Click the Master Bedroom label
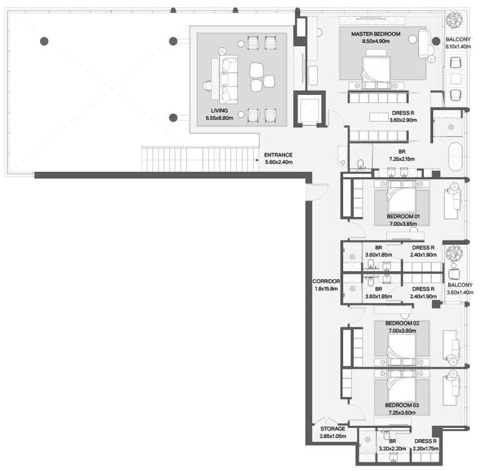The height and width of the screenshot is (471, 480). [376, 34]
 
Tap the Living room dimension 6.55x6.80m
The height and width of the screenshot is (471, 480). [219, 118]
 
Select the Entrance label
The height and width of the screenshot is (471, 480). [278, 155]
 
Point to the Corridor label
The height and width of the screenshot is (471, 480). [326, 281]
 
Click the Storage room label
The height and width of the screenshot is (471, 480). [332, 429]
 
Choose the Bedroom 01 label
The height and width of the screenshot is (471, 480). [403, 216]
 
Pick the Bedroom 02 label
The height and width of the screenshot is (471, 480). [402, 323]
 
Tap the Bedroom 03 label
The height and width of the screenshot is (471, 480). [402, 405]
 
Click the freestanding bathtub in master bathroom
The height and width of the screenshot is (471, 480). [455, 156]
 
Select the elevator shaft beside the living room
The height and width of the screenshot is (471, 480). [309, 109]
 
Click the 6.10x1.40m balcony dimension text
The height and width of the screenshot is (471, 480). [458, 47]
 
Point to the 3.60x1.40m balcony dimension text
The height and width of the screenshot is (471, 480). [460, 292]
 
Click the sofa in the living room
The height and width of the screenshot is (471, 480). [228, 79]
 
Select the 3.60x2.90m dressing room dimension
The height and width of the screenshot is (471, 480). [403, 121]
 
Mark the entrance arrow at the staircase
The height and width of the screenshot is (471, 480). [257, 160]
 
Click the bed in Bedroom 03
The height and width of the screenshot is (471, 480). [402, 385]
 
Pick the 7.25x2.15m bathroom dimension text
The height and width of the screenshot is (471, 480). [402, 159]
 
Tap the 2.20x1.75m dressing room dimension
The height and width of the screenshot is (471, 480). [426, 449]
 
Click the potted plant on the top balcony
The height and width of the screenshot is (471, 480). [454, 21]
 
